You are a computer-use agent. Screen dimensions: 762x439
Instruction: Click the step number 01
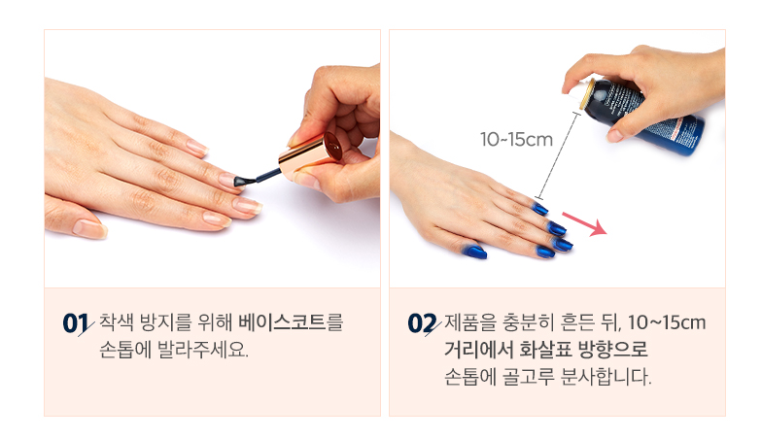coord(75,323)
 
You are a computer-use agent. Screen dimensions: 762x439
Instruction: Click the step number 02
coord(422,323)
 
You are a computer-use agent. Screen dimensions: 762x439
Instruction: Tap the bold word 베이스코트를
coord(291,322)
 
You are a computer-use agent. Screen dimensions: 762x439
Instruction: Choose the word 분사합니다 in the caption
coord(606,377)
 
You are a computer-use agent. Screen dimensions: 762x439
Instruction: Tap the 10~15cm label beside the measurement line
coord(516,140)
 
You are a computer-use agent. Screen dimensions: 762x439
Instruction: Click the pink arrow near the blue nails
coord(584,223)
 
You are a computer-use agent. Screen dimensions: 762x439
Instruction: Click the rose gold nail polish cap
coord(310,155)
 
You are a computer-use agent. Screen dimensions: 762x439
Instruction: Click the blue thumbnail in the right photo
coord(474,251)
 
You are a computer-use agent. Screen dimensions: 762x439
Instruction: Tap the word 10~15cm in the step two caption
coord(667,322)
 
